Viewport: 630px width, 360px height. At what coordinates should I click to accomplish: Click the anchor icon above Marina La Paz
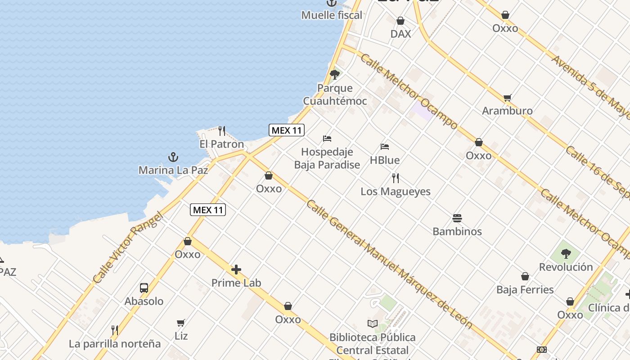[173, 157]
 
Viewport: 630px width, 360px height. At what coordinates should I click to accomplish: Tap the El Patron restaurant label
[221, 144]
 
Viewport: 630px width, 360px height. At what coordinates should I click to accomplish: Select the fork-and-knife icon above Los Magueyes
[396, 178]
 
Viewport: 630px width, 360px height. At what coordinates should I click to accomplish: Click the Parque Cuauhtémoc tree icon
[334, 75]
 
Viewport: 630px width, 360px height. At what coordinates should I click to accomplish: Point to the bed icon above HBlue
[384, 147]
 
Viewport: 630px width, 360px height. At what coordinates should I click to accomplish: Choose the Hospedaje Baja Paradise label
[327, 158]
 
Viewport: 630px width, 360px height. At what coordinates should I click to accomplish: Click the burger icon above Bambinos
[457, 219]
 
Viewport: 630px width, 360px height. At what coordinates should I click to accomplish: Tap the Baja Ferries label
[525, 289]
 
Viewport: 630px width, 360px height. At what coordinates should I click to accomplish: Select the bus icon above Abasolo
[144, 288]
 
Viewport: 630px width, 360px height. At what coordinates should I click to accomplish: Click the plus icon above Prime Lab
[236, 270]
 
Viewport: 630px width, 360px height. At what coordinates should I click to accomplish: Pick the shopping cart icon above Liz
[181, 323]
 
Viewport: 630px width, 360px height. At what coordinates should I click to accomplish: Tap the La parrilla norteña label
[115, 344]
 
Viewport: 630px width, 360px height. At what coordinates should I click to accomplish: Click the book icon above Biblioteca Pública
[373, 324]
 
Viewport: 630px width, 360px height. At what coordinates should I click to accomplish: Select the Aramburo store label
[507, 111]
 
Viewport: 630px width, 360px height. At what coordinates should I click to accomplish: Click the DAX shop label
[400, 34]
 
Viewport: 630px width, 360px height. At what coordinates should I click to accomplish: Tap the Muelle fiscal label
[332, 15]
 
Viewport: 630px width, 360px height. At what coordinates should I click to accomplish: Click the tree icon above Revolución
[566, 254]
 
